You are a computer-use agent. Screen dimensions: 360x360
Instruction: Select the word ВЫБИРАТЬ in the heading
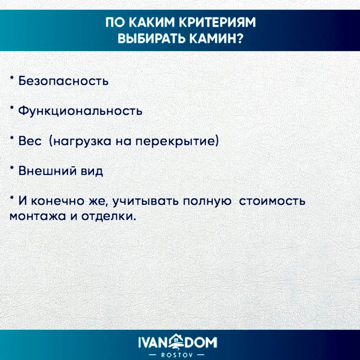pyautogui.click(x=152, y=39)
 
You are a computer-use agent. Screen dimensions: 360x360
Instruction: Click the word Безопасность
pyautogui.click(x=63, y=81)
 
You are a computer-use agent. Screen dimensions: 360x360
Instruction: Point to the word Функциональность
pyautogui.click(x=80, y=111)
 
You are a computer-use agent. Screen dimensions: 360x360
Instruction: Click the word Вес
pyautogui.click(x=30, y=141)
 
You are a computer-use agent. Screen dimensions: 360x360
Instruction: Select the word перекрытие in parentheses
pyautogui.click(x=176, y=141)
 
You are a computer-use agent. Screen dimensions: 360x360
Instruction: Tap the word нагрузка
pyautogui.click(x=80, y=141)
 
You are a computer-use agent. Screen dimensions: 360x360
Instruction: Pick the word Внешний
pyautogui.click(x=48, y=171)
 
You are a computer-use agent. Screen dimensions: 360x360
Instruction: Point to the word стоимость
pyautogui.click(x=272, y=201)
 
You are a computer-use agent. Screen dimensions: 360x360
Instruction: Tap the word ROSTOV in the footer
pyautogui.click(x=177, y=355)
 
